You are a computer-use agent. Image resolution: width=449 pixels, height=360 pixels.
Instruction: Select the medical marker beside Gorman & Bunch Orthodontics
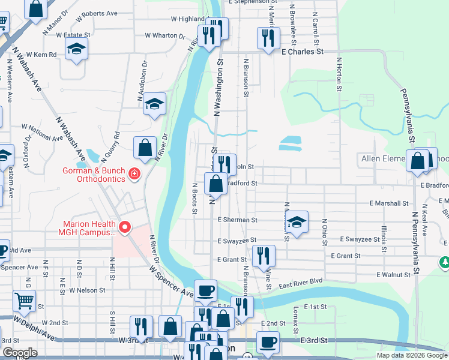click(x=135, y=175)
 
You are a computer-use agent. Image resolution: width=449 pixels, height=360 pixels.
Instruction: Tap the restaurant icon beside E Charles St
click(x=268, y=38)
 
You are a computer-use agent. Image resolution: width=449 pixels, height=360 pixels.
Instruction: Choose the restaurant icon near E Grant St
click(x=263, y=256)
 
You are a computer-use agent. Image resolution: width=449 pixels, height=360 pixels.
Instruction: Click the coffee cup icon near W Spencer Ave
click(x=206, y=290)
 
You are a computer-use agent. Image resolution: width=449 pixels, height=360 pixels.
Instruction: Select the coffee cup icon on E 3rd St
click(x=268, y=343)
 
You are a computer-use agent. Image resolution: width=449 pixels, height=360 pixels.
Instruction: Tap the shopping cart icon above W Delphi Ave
click(x=24, y=300)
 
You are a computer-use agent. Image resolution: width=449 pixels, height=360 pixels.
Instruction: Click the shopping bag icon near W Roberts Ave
click(x=37, y=9)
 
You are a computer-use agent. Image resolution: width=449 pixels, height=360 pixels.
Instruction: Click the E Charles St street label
click(x=303, y=52)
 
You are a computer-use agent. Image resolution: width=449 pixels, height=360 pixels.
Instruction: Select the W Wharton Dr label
click(x=160, y=35)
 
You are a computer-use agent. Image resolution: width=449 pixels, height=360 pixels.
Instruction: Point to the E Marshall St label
click(x=389, y=203)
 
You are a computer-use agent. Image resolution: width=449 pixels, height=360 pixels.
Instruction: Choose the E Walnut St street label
click(x=397, y=274)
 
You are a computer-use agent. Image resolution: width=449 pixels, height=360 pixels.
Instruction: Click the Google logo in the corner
click(x=20, y=353)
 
